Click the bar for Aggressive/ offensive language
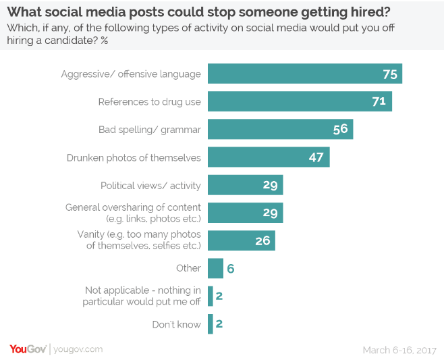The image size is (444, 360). click(304, 74)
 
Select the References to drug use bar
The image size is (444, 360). click(299, 101)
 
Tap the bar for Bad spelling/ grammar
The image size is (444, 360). click(279, 129)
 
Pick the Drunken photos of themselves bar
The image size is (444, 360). click(268, 157)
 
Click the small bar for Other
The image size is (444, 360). click(215, 268)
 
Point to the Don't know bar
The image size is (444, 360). click(211, 324)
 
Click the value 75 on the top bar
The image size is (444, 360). click(389, 74)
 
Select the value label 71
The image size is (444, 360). click(379, 101)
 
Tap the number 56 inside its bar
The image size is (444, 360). click(340, 129)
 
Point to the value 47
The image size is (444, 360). click(317, 157)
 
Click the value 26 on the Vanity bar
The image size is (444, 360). click(262, 240)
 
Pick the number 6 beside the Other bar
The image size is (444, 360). click(230, 268)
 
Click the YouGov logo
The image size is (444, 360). click(28, 349)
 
